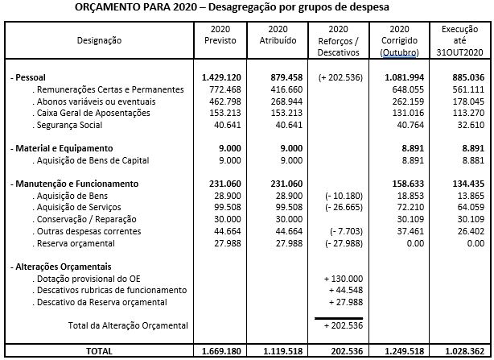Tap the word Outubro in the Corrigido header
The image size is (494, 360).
pyautogui.click(x=402, y=52)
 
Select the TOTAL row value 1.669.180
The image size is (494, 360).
pyautogui.click(x=218, y=352)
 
